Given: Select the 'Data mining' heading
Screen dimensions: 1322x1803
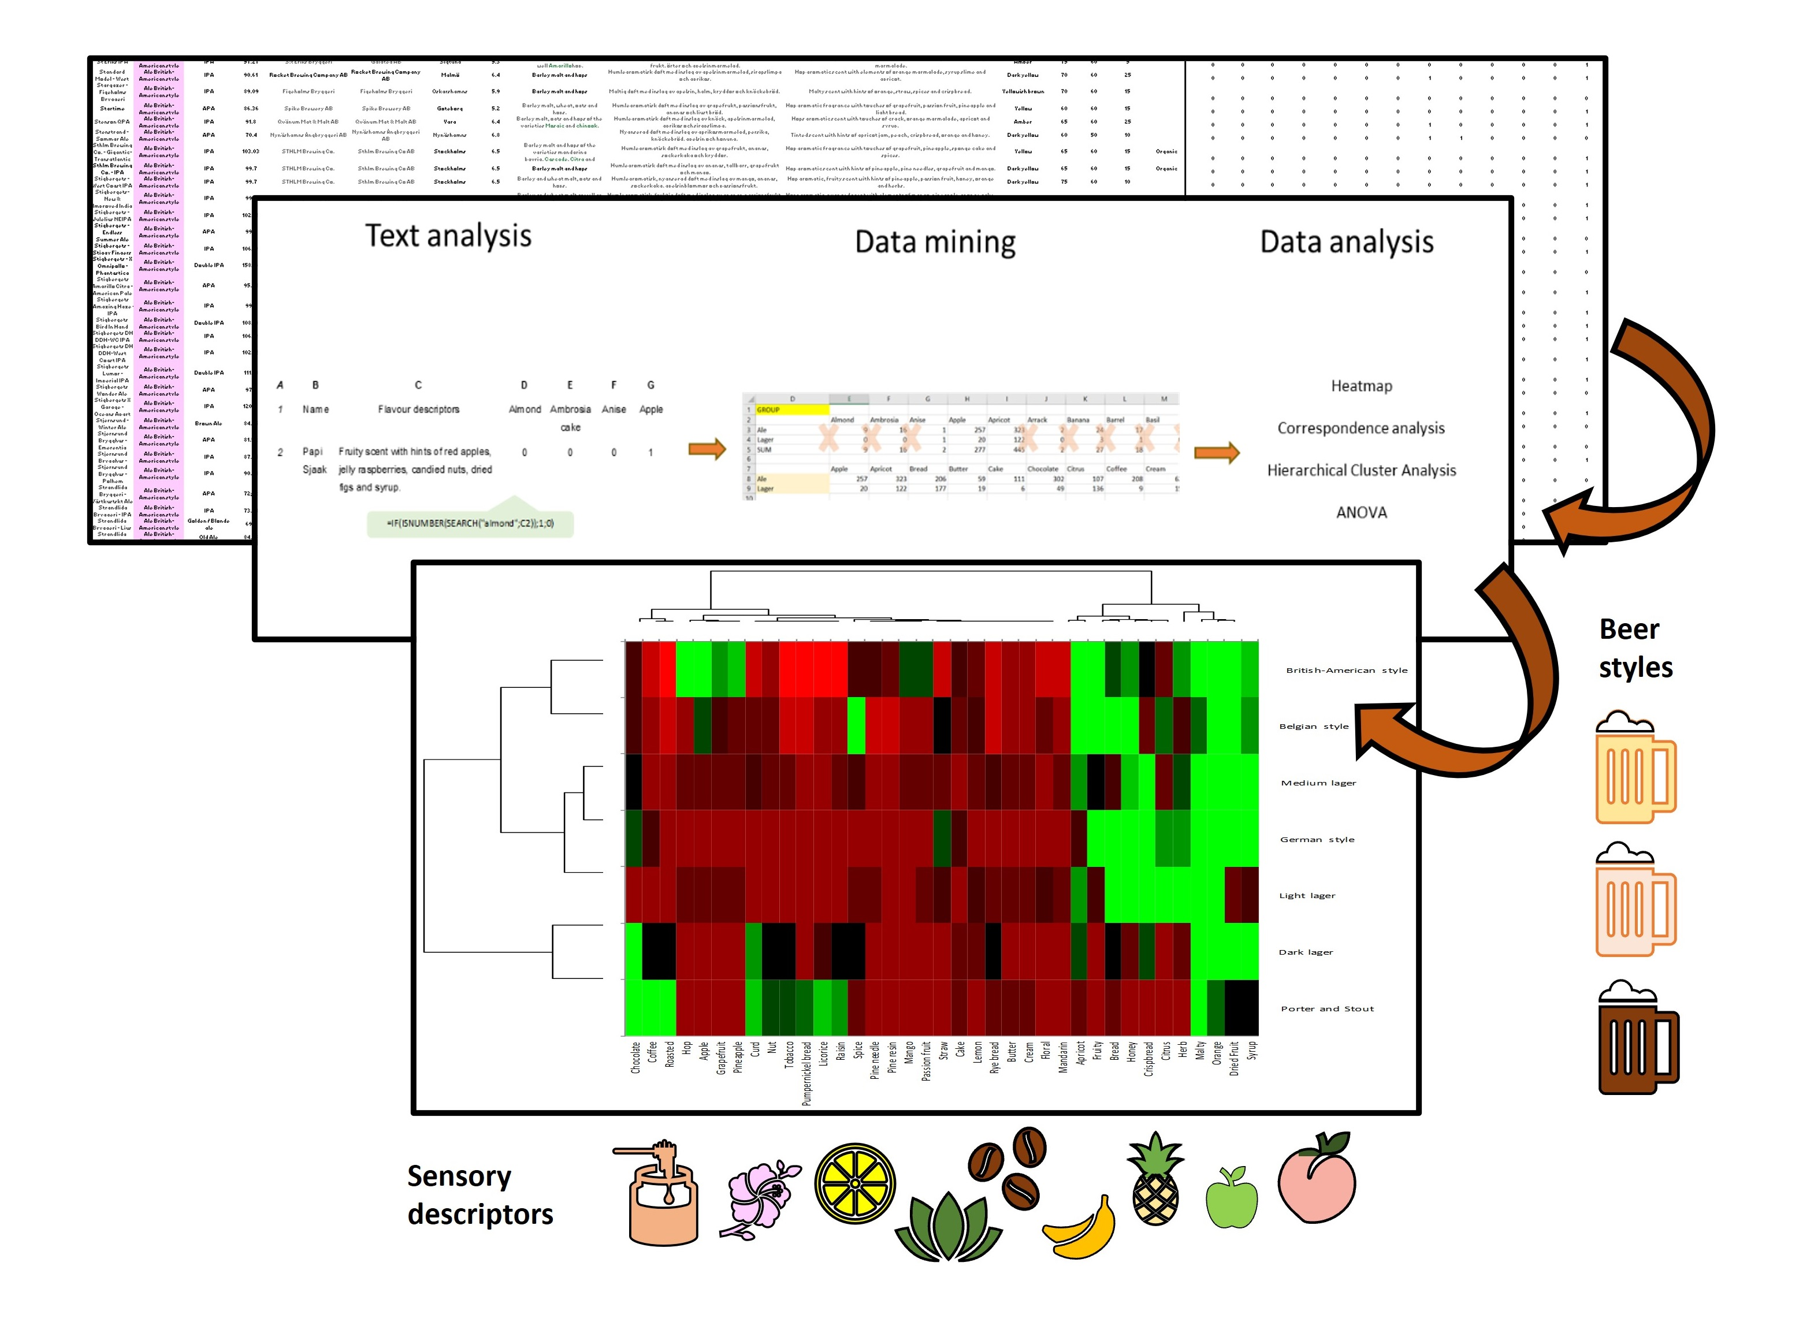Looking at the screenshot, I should click(x=935, y=241).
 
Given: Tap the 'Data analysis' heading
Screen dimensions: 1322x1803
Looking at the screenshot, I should click(x=1346, y=241).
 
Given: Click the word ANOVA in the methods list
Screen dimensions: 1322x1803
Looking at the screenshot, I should click(x=1360, y=512).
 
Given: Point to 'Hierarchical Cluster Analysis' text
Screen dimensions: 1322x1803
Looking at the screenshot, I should click(x=1360, y=471).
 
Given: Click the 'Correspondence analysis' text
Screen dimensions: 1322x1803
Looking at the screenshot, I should click(x=1360, y=428).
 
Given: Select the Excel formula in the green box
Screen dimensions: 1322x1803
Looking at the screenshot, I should click(x=471, y=523).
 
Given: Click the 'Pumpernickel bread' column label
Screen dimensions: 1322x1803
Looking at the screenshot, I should click(x=806, y=1073).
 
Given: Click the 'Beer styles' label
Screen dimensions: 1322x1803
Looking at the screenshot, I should click(x=1634, y=647).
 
